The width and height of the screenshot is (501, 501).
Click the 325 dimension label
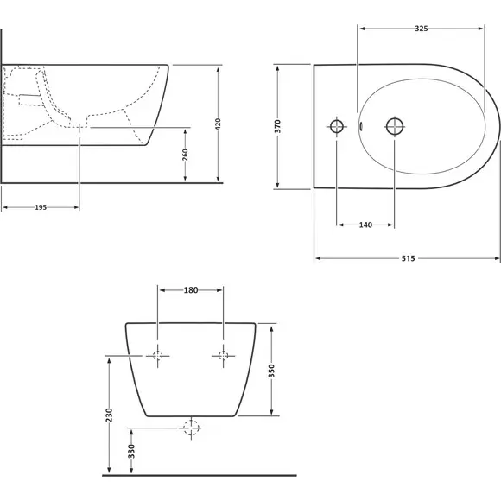[422, 29]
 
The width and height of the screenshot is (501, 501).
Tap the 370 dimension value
[277, 126]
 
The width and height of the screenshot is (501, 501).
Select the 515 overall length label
[408, 258]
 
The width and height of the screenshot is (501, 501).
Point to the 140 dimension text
[365, 225]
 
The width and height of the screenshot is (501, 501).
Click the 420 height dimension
[218, 124]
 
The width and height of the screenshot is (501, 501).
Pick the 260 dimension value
[185, 155]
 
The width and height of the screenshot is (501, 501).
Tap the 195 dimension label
[41, 207]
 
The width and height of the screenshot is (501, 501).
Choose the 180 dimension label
[191, 290]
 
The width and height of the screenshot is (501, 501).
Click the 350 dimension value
[271, 371]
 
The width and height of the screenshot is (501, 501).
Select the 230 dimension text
[110, 415]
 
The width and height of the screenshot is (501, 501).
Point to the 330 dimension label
[131, 451]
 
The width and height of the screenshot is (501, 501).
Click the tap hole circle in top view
[337, 126]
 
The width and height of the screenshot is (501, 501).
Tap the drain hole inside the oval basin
[395, 126]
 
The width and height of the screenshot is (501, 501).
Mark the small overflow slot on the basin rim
[361, 126]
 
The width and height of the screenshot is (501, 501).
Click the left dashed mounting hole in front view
[157, 356]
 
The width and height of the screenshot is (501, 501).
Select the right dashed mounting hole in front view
[223, 356]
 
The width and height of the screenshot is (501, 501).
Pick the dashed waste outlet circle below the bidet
[191, 428]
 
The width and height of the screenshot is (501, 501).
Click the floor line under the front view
[200, 475]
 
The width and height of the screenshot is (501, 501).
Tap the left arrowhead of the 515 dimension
[318, 258]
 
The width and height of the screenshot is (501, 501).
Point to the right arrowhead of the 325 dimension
[480, 29]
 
